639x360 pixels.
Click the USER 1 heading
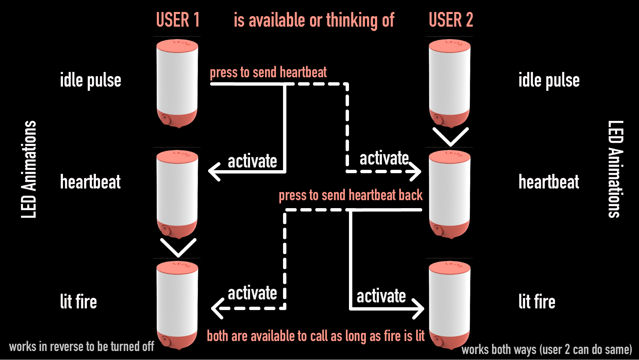tap(178, 20)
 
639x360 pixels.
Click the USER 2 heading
tap(451, 20)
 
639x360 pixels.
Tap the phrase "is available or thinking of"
tap(314, 20)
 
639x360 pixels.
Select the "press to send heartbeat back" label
tap(350, 195)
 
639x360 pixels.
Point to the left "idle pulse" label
tap(91, 80)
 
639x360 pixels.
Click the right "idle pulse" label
tap(549, 80)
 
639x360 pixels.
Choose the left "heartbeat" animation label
tap(90, 182)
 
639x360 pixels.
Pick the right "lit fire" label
tap(537, 302)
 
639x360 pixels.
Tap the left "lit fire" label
tap(78, 302)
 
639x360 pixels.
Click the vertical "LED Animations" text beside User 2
tap(615, 169)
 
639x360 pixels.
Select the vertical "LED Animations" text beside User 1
tap(29, 169)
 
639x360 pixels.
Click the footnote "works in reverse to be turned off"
tap(82, 347)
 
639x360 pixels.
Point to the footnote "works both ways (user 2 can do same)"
tap(546, 349)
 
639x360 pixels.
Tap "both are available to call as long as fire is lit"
tap(316, 336)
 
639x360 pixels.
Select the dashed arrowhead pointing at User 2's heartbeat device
tap(417, 172)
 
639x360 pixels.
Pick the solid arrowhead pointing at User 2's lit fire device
tap(419, 309)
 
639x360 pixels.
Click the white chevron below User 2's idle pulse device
tap(451, 137)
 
